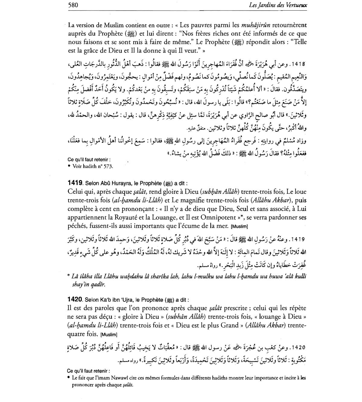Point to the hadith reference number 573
(x=108, y=166)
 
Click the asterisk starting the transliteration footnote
(x=69, y=276)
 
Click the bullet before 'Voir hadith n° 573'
(x=69, y=166)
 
